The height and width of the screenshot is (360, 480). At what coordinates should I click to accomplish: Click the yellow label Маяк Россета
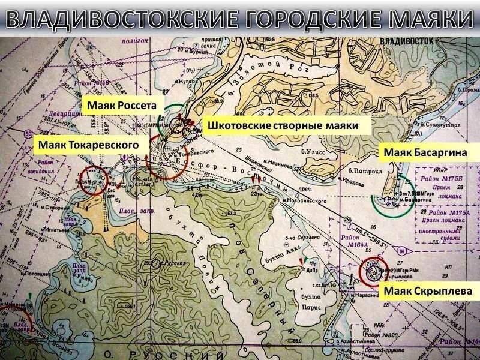(121, 105)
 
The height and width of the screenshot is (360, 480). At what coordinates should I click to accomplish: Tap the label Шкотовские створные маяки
(283, 126)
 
